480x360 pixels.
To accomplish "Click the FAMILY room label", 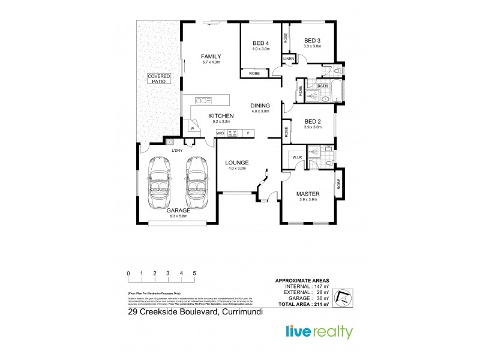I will [211, 56].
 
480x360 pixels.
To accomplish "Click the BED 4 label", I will [260, 43].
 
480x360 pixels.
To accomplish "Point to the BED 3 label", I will [313, 40].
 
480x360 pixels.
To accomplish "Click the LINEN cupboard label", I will [289, 59].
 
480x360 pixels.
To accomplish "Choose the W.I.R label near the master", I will [296, 158].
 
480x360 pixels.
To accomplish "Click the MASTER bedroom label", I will [307, 194].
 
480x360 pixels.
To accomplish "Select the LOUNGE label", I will [236, 163].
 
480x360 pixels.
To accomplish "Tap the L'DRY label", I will [176, 150].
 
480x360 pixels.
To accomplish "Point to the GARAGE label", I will [179, 211].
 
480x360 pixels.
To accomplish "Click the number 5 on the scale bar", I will [194, 273].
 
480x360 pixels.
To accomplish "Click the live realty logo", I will [317, 332].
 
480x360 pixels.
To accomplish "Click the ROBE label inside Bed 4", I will [254, 73].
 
